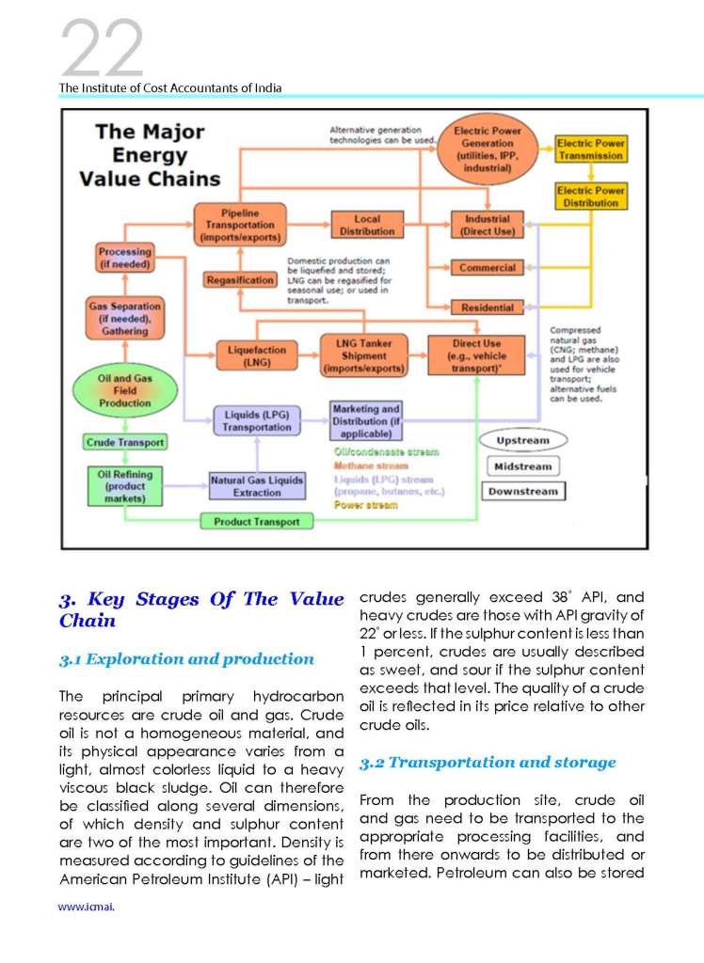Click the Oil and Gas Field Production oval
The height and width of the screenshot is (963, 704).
pyautogui.click(x=125, y=390)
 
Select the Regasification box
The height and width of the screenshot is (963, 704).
pyautogui.click(x=240, y=280)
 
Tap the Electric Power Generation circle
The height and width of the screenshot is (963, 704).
pyautogui.click(x=487, y=150)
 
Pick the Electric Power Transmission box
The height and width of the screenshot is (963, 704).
pyautogui.click(x=591, y=150)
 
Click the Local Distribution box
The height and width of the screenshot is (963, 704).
pyautogui.click(x=367, y=225)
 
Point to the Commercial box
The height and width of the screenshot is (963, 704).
pyautogui.click(x=487, y=268)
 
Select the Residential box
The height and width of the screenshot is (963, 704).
pyautogui.click(x=487, y=308)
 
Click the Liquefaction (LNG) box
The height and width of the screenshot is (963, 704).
pyautogui.click(x=257, y=355)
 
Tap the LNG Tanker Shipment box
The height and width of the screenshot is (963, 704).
pyautogui.click(x=364, y=355)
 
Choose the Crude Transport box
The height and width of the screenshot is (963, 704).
pyautogui.click(x=125, y=442)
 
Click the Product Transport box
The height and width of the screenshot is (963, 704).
pyautogui.click(x=256, y=521)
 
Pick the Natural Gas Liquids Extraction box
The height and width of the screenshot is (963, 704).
pyautogui.click(x=257, y=486)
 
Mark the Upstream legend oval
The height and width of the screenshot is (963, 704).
pyautogui.click(x=523, y=440)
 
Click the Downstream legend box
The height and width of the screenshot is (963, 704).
pyautogui.click(x=523, y=491)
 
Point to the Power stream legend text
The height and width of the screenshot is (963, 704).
pyautogui.click(x=366, y=505)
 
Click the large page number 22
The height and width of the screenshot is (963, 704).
pyautogui.click(x=102, y=48)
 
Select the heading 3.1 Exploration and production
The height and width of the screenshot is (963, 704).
pyautogui.click(x=186, y=659)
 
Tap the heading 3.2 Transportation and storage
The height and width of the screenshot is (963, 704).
pyautogui.click(x=488, y=762)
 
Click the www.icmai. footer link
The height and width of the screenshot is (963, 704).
pyautogui.click(x=86, y=907)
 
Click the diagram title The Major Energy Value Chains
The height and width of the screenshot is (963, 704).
pyautogui.click(x=150, y=155)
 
